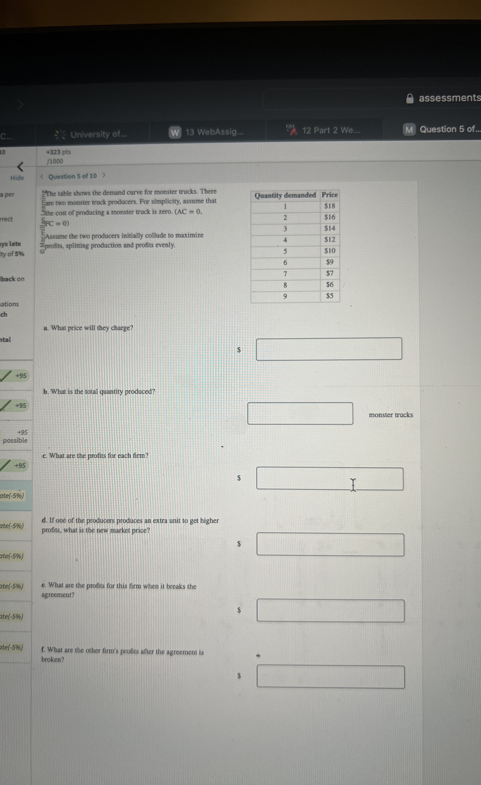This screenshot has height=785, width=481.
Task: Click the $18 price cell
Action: coord(329,206)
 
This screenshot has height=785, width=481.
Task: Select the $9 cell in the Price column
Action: coord(330,262)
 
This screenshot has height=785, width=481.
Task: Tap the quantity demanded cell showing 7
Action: coord(285,274)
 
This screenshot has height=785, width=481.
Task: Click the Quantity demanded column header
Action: coord(285,195)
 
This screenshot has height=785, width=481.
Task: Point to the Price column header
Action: coord(330,195)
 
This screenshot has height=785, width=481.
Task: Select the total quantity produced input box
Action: coord(300,414)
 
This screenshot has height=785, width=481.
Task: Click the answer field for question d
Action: coord(330,545)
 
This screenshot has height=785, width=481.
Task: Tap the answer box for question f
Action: coord(331,676)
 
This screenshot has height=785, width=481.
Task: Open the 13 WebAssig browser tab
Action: coord(207,132)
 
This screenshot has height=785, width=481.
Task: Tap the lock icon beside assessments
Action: coord(410,99)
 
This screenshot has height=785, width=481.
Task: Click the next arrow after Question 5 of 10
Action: coord(104,176)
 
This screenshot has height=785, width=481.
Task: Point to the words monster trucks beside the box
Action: coord(391,415)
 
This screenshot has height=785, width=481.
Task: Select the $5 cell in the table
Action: coord(330,296)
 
